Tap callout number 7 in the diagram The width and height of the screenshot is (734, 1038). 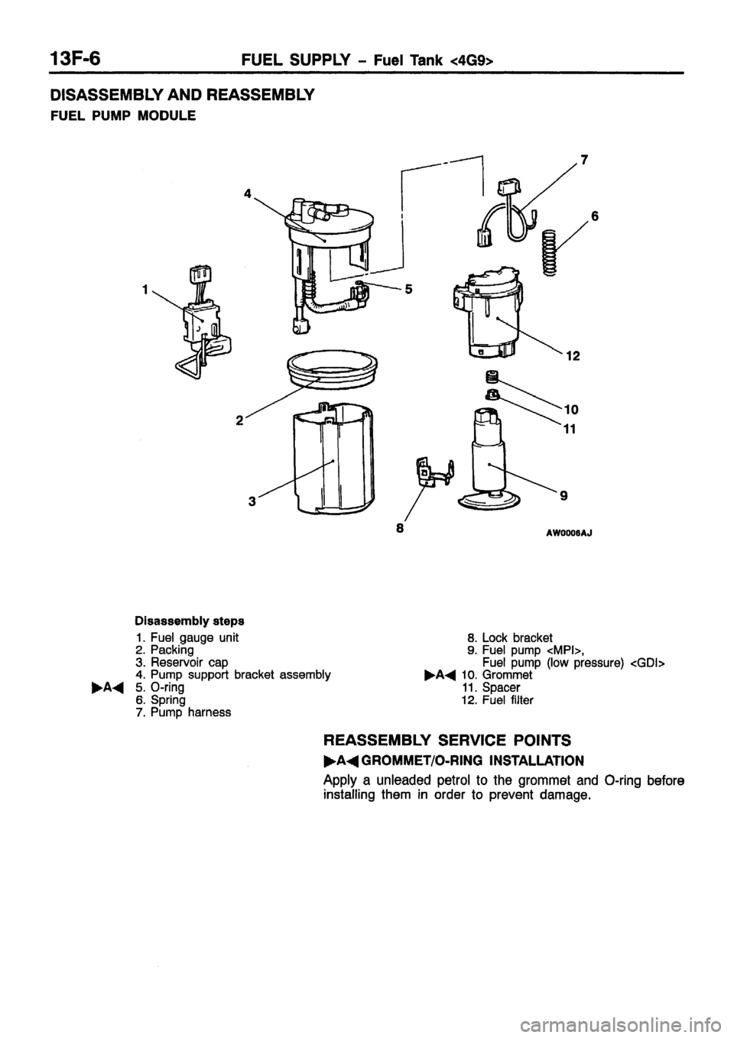pos(585,161)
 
